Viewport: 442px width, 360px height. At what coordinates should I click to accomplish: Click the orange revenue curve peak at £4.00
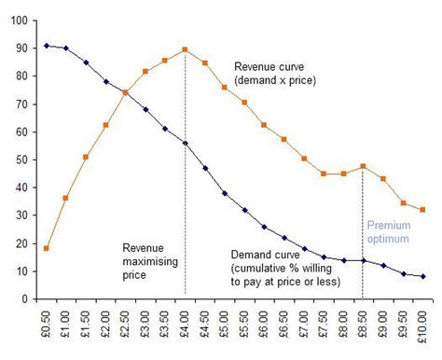(x=185, y=50)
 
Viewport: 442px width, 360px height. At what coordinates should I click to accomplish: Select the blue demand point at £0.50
(x=47, y=46)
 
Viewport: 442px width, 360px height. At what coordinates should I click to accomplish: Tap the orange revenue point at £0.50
(x=47, y=248)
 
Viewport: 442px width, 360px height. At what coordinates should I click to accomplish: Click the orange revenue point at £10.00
(x=422, y=210)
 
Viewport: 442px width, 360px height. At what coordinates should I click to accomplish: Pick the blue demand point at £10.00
(x=422, y=276)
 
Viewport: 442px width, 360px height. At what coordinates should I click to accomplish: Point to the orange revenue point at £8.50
(x=363, y=167)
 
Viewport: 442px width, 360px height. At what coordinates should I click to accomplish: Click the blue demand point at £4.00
(x=185, y=143)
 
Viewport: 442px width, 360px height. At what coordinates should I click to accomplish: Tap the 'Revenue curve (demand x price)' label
(x=276, y=74)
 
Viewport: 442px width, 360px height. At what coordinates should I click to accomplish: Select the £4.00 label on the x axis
(x=185, y=327)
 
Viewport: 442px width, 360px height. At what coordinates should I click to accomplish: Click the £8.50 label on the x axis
(x=363, y=327)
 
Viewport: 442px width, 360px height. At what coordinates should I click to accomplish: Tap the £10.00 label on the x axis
(x=422, y=329)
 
